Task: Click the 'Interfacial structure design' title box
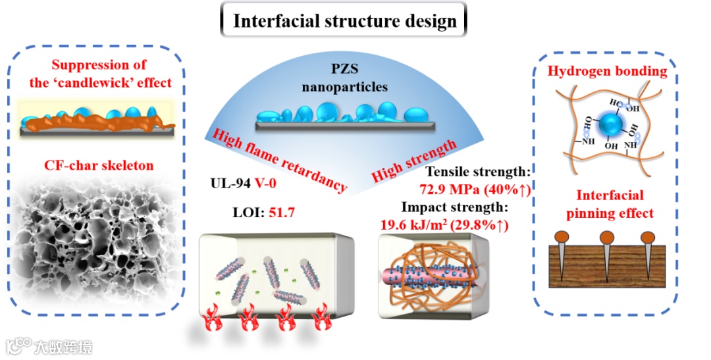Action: click(x=344, y=20)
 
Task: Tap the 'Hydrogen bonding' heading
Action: click(x=607, y=72)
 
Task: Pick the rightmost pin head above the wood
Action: click(x=648, y=236)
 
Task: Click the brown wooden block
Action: click(x=606, y=266)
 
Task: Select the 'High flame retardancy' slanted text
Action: click(x=279, y=159)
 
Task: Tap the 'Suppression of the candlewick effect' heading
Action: click(x=99, y=74)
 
